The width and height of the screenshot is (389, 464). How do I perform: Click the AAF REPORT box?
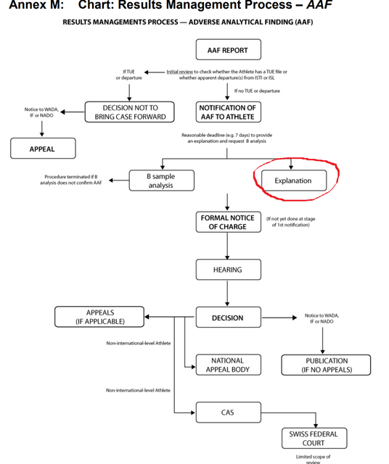click(x=227, y=50)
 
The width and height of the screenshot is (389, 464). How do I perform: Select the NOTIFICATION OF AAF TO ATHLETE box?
click(x=227, y=112)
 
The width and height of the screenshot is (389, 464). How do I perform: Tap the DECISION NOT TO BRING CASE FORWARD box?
click(x=130, y=112)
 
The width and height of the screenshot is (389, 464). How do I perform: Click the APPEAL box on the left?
click(x=42, y=149)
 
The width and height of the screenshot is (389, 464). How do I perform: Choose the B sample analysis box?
click(x=160, y=181)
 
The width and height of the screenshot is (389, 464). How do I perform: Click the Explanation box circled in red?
click(x=292, y=181)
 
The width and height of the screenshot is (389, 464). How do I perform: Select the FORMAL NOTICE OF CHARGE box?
click(x=227, y=222)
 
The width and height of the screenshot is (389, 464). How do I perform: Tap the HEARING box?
click(x=227, y=270)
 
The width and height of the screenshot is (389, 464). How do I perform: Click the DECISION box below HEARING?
click(x=227, y=318)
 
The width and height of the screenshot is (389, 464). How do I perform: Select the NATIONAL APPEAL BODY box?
click(x=227, y=365)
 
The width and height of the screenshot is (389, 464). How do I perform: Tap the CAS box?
click(x=227, y=413)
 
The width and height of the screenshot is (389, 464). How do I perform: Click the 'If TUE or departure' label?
click(x=129, y=75)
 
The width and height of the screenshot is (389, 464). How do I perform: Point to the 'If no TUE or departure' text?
click(x=257, y=91)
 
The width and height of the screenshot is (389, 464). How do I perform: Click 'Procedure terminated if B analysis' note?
click(x=71, y=180)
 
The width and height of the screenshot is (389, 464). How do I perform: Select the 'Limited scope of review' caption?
click(x=313, y=458)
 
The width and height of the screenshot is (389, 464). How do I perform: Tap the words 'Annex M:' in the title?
click(x=32, y=7)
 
